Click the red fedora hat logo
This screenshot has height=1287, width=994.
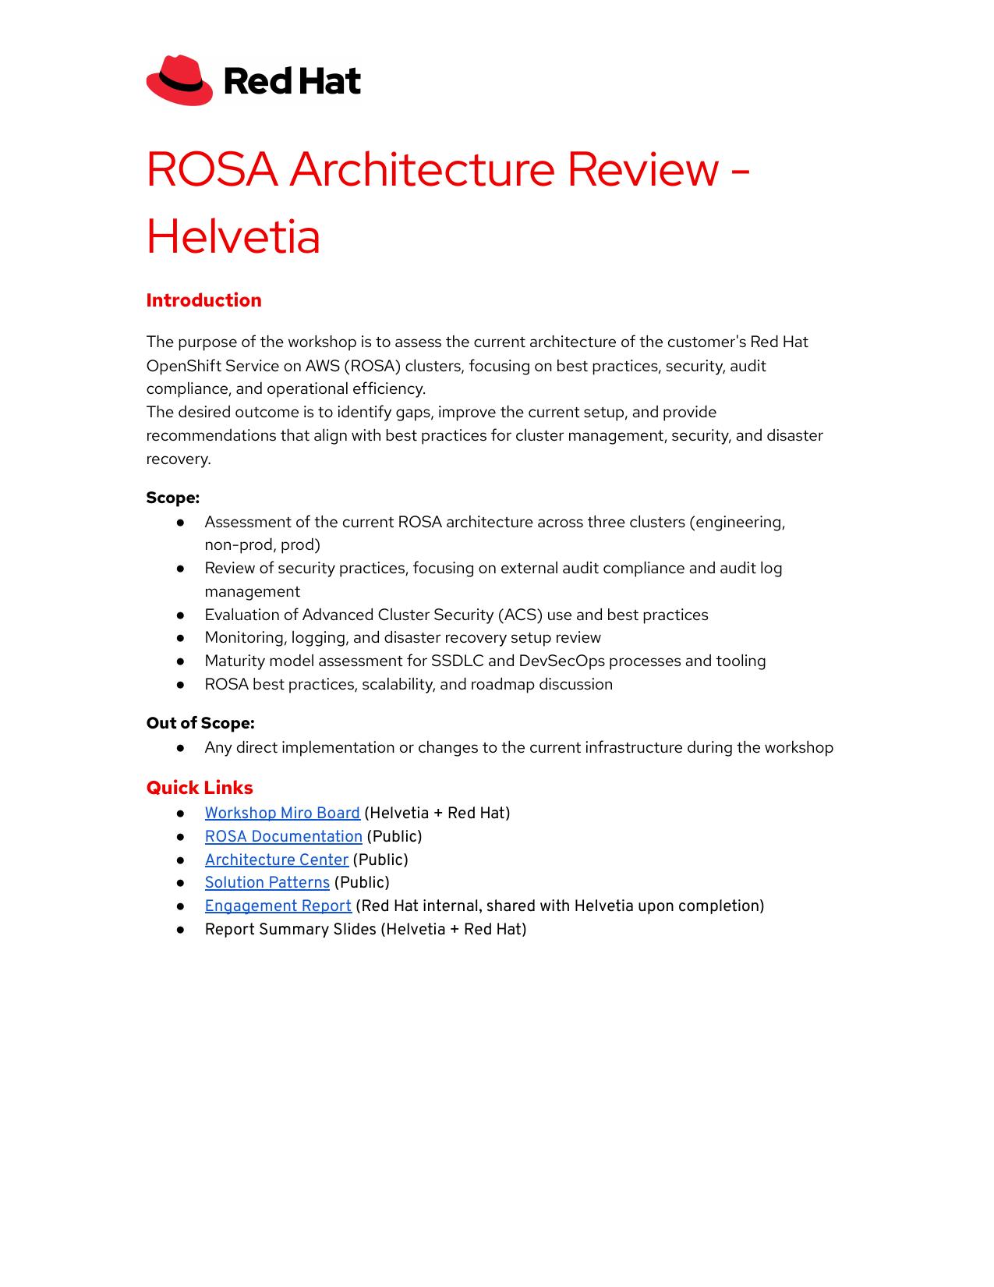(x=179, y=80)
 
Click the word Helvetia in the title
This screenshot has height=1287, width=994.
(x=233, y=236)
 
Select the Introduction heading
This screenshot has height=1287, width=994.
(x=203, y=300)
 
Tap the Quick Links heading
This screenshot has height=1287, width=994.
(x=200, y=788)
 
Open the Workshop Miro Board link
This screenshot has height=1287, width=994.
(x=282, y=813)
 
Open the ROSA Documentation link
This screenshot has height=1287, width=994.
(x=283, y=836)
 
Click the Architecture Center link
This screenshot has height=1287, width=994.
(x=276, y=860)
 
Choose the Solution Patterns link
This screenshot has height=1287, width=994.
(x=267, y=882)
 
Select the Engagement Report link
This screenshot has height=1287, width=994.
(x=278, y=906)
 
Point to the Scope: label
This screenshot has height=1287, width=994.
(x=172, y=498)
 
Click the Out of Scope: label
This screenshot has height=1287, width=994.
(x=200, y=723)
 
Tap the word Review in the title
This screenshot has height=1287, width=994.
(x=642, y=169)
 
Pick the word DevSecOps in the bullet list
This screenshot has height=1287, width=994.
(x=561, y=661)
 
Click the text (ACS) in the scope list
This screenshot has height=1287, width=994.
(x=520, y=615)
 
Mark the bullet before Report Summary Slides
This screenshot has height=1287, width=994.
(x=180, y=929)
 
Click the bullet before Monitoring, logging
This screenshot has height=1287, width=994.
(x=180, y=637)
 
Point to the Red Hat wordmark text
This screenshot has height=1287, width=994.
(x=292, y=81)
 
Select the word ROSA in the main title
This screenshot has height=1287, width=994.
(x=212, y=169)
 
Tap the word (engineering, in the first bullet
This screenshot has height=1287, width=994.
(x=737, y=522)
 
